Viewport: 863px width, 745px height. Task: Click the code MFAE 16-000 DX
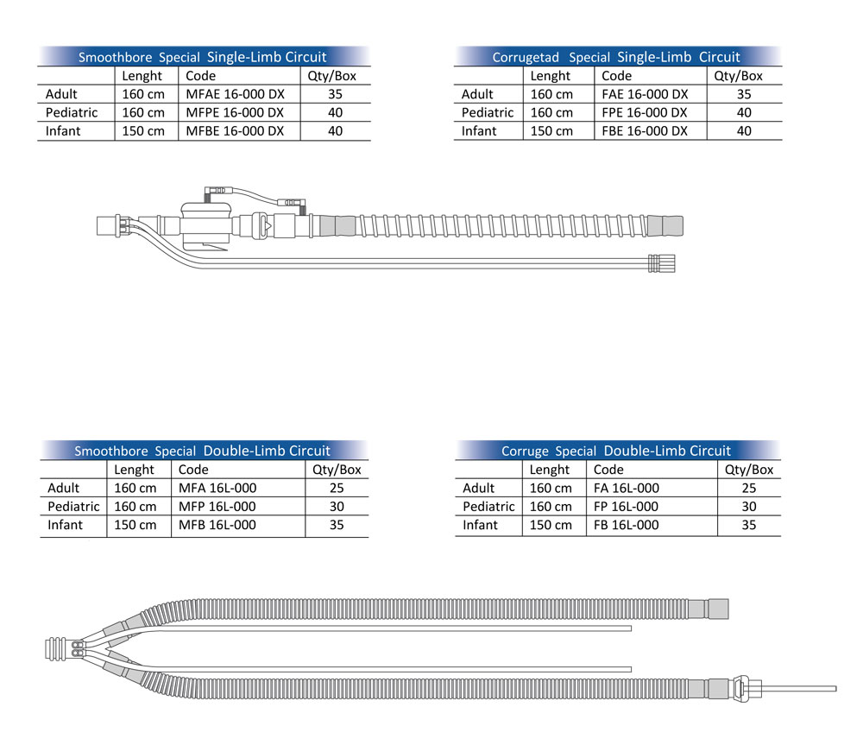pyautogui.click(x=235, y=94)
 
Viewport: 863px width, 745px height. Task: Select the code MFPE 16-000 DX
pyautogui.click(x=235, y=113)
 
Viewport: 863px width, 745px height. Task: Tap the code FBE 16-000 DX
pyautogui.click(x=645, y=131)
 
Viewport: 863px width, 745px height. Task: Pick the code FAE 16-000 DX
pyautogui.click(x=645, y=94)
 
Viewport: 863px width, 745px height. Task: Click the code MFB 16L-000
pyautogui.click(x=217, y=526)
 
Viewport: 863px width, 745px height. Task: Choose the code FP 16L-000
pyautogui.click(x=626, y=507)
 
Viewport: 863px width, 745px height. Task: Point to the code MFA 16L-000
pyautogui.click(x=217, y=489)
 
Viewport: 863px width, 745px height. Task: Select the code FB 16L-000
pyautogui.click(x=626, y=526)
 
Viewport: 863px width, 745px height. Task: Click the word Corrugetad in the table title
pyautogui.click(x=526, y=57)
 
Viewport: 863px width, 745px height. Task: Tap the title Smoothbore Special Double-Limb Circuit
pyautogui.click(x=202, y=451)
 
